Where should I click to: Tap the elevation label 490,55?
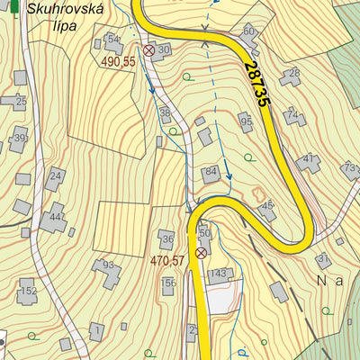[118, 61]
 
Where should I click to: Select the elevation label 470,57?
[167, 261]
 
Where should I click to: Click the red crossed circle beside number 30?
[148, 51]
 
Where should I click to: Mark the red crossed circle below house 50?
[201, 253]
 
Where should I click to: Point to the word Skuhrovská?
[66, 10]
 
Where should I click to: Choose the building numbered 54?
[112, 40]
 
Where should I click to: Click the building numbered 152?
[29, 291]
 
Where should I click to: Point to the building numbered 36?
[166, 238]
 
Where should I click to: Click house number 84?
[211, 173]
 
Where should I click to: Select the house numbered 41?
[309, 162]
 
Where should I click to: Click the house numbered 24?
[55, 176]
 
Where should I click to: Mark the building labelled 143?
[219, 274]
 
